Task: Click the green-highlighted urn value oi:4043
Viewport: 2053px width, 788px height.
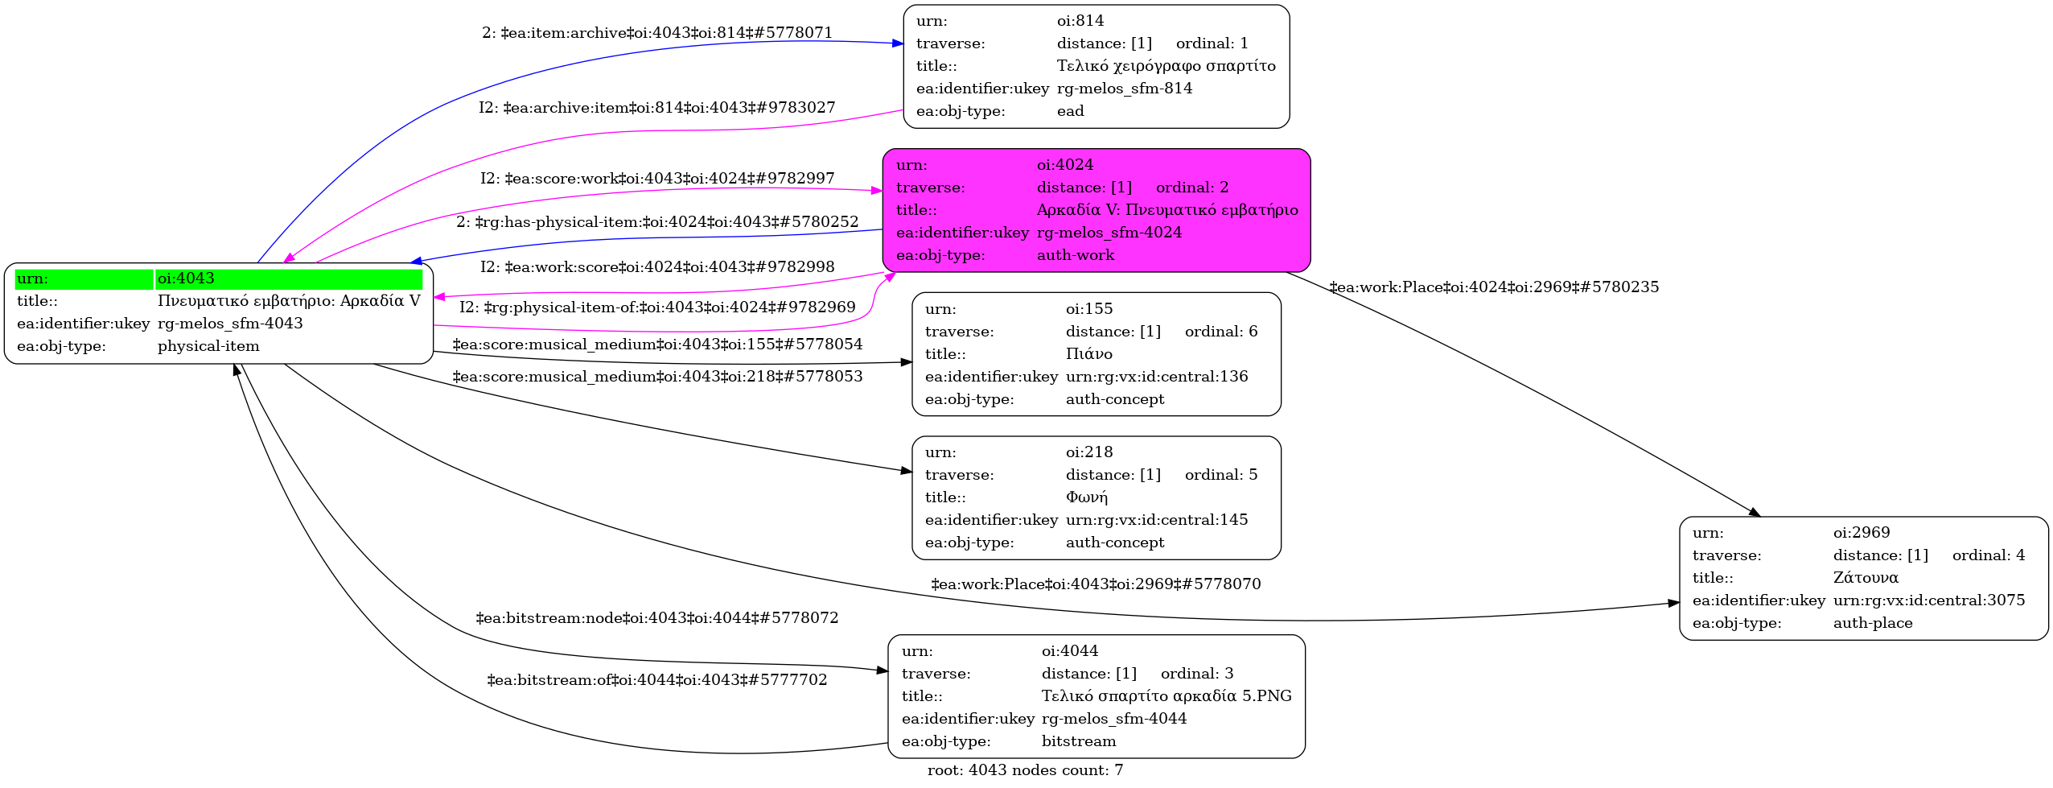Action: click(186, 278)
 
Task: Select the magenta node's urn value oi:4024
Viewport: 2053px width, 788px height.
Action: click(1065, 165)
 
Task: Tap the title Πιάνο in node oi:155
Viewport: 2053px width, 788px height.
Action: click(1089, 354)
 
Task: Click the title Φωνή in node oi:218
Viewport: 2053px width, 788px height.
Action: click(1087, 497)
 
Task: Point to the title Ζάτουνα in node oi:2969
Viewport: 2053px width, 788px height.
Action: click(1866, 578)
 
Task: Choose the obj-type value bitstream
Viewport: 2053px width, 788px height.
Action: click(1079, 741)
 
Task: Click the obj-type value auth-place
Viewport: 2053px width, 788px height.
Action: click(1873, 623)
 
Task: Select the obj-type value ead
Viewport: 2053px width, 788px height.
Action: click(1071, 111)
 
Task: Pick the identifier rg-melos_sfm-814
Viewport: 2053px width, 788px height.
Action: click(1125, 89)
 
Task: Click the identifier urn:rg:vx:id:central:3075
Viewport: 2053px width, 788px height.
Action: click(1929, 600)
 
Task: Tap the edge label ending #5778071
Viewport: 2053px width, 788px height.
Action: click(657, 33)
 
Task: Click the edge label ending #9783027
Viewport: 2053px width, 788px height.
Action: click(657, 108)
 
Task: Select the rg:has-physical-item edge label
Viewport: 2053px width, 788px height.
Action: click(657, 222)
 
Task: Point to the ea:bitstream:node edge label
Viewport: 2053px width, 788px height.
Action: click(657, 618)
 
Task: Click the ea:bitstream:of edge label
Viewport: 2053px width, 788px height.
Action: click(657, 680)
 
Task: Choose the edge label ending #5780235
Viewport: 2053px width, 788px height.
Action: click(1494, 287)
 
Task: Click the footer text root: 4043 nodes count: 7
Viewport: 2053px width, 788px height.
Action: click(1025, 770)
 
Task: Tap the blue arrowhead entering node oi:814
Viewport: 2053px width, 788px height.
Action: click(898, 43)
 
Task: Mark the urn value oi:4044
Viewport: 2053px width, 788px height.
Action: click(1070, 651)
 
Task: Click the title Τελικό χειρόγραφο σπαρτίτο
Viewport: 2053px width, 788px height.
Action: click(1166, 66)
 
